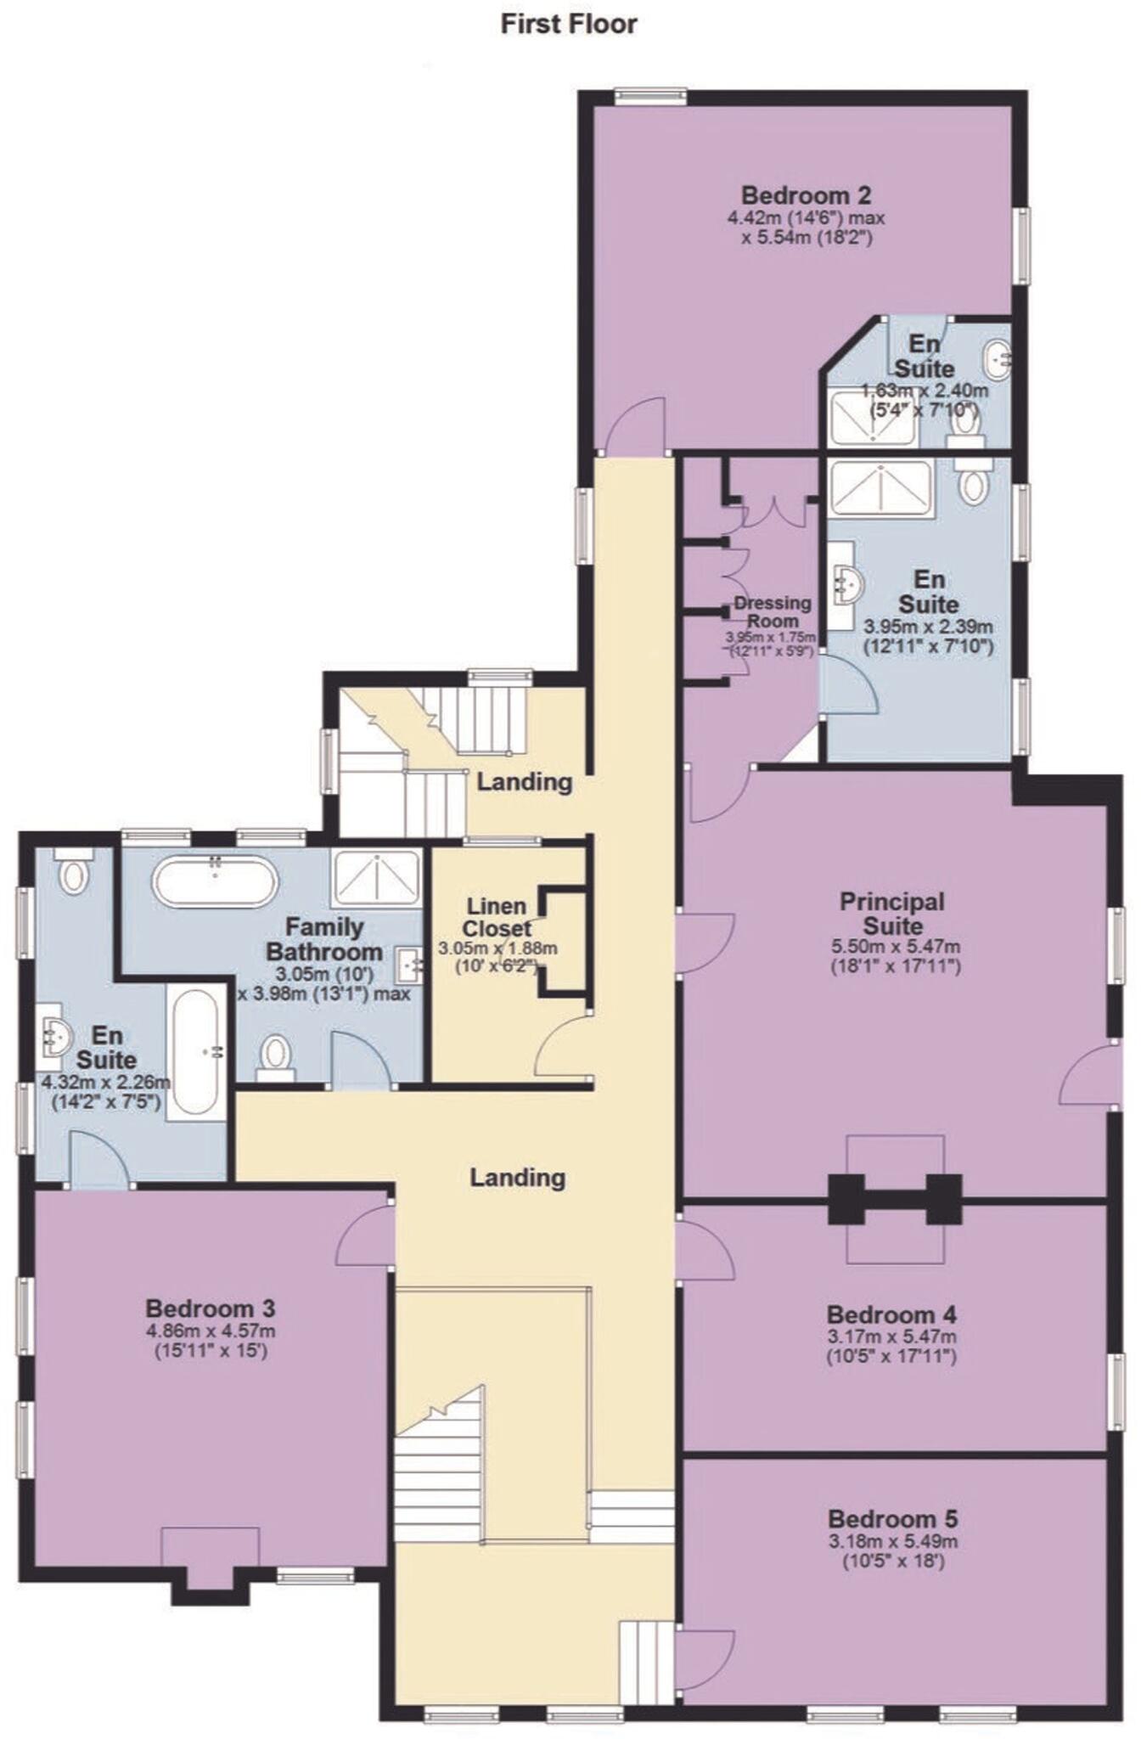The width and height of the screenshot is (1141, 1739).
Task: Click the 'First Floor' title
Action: click(568, 24)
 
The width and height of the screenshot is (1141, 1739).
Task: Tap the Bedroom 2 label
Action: click(806, 195)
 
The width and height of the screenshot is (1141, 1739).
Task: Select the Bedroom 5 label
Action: click(892, 1518)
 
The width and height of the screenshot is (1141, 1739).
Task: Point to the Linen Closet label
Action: click(497, 917)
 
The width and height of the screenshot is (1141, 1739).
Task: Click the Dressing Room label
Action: click(772, 611)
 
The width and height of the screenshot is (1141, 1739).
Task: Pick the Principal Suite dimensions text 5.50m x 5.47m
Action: click(895, 947)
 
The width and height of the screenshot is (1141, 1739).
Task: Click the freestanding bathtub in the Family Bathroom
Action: click(216, 881)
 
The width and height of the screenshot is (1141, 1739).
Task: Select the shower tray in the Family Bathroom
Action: click(376, 878)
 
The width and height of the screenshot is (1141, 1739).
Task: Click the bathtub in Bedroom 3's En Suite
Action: click(197, 1052)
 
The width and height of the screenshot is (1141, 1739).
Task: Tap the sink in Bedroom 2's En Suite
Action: click(998, 359)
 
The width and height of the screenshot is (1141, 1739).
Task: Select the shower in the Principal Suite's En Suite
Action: click(880, 488)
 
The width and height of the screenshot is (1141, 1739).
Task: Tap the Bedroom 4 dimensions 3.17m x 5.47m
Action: click(891, 1337)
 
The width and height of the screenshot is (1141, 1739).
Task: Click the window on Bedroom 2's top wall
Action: click(650, 96)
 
